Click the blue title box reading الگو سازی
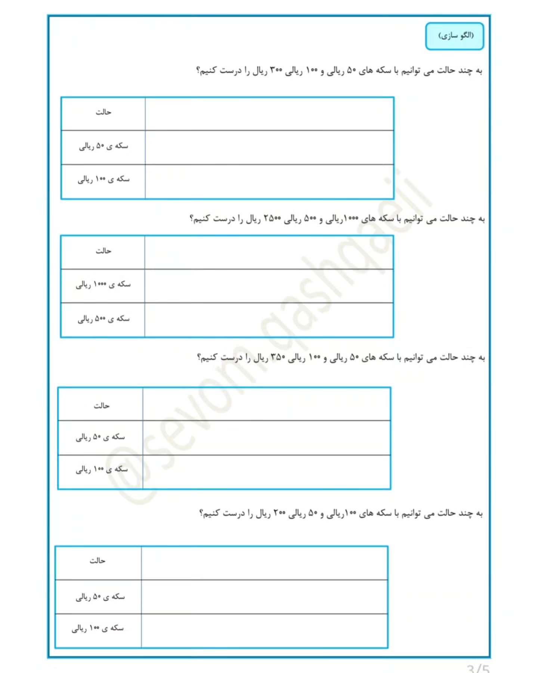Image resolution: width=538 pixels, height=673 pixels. point(454,36)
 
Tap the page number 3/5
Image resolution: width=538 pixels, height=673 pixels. point(478,668)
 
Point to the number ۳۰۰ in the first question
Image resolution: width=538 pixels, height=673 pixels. point(276,70)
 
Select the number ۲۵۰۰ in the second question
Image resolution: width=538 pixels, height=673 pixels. point(272,218)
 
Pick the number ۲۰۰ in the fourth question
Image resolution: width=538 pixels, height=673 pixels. point(279,513)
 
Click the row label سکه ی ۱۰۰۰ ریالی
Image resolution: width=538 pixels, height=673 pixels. point(103,285)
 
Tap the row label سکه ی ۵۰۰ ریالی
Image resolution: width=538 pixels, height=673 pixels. point(103,319)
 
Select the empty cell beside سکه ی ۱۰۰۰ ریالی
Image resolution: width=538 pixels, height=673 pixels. point(269,286)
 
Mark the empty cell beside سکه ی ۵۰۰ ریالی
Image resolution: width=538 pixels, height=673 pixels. point(269,320)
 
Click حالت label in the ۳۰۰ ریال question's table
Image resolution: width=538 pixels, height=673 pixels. point(103,112)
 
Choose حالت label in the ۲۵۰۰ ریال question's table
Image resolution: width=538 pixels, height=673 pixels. point(103,251)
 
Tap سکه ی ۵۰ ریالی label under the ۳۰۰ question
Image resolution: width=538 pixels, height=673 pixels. point(103,146)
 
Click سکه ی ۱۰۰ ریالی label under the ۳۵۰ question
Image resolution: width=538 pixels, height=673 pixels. point(101,470)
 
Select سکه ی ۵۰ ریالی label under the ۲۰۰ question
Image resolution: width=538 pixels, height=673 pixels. point(100,597)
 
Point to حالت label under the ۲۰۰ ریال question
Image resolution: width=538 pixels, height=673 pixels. point(98,561)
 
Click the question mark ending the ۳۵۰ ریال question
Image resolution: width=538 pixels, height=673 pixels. point(200,358)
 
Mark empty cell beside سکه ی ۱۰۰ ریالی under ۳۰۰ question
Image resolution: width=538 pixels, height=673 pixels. point(269,182)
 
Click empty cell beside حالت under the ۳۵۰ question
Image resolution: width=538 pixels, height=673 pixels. point(266,404)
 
